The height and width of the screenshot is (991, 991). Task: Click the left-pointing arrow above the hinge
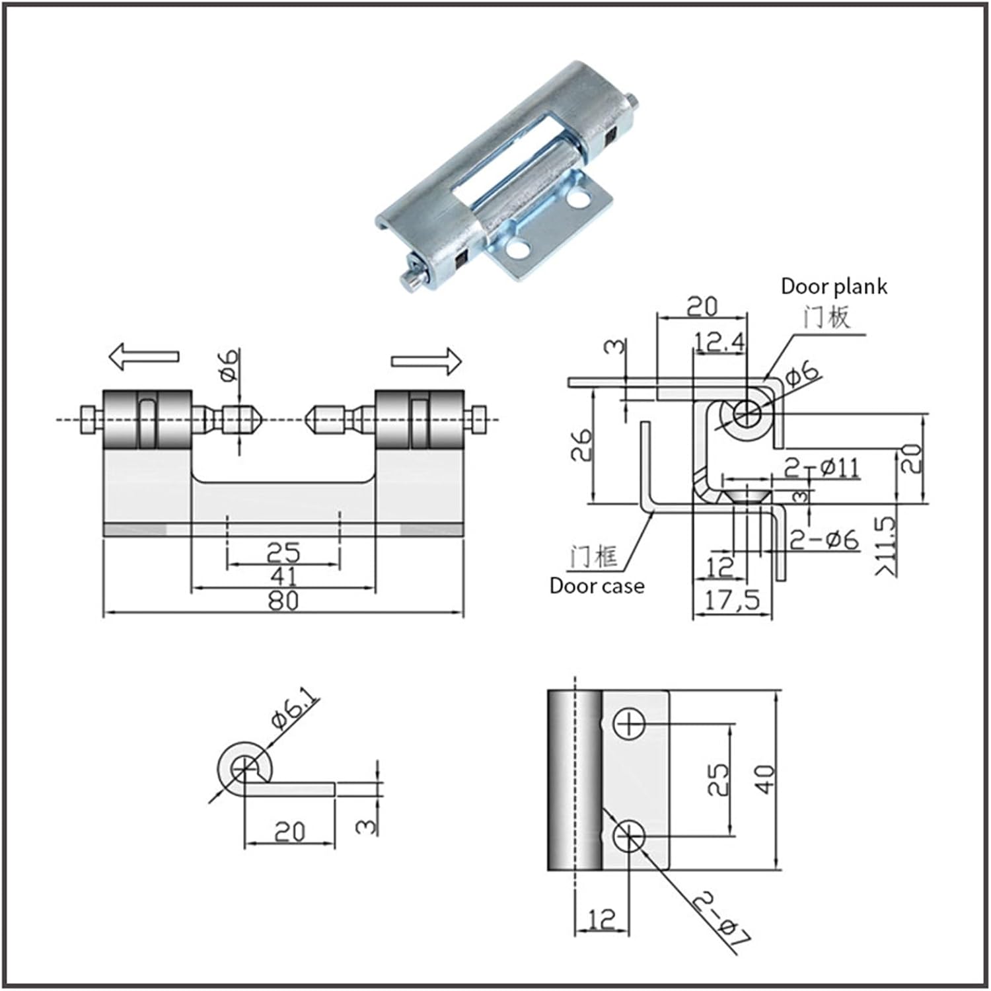click(143, 357)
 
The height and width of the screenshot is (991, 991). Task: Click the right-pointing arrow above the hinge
click(426, 361)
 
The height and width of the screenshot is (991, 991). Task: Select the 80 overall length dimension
click(283, 601)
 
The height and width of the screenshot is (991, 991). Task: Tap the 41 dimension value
click(283, 576)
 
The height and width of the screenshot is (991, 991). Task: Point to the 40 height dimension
click(764, 780)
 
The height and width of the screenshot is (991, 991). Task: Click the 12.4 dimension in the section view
click(719, 342)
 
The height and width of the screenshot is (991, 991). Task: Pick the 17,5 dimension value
click(732, 601)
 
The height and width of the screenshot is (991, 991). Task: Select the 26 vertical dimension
click(581, 445)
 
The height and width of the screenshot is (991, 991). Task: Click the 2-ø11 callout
click(823, 468)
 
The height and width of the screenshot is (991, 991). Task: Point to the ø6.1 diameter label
click(295, 714)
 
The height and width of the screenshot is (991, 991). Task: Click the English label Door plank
click(834, 286)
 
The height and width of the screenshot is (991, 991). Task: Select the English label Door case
click(597, 585)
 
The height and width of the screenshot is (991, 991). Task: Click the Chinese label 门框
click(594, 557)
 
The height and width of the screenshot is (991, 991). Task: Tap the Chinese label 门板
click(826, 318)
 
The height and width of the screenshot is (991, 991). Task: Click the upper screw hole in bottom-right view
click(629, 724)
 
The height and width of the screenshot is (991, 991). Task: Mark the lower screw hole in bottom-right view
click(629, 836)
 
